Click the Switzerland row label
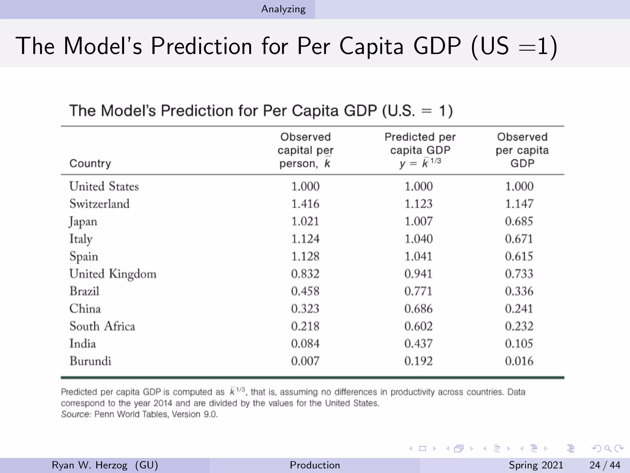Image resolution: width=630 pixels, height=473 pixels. (x=99, y=204)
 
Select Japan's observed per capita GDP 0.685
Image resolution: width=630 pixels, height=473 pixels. (x=519, y=221)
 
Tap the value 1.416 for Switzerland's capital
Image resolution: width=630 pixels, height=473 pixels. (x=305, y=204)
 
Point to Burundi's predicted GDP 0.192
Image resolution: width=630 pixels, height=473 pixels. (x=418, y=361)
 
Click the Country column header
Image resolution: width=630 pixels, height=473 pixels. (x=90, y=163)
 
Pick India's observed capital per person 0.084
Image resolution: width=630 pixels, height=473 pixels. (x=305, y=344)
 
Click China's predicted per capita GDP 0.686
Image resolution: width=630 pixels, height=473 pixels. (x=418, y=309)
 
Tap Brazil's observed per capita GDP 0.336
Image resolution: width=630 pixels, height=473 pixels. (x=519, y=291)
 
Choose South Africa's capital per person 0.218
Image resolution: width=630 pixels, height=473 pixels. (x=305, y=326)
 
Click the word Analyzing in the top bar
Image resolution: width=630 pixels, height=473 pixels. (x=283, y=9)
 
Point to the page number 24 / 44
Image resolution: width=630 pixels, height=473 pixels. (x=605, y=465)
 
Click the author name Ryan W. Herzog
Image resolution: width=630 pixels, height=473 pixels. (x=90, y=465)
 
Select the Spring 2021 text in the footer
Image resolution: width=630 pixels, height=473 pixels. (x=536, y=465)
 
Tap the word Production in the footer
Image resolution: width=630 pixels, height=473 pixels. (x=315, y=465)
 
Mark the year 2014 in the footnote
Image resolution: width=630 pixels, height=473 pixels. (x=165, y=403)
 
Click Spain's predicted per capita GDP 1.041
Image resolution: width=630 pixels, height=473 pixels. (x=418, y=257)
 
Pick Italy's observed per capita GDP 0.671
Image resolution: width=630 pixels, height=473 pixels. (x=519, y=239)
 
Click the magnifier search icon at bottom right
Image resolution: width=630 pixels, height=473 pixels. (x=608, y=449)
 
